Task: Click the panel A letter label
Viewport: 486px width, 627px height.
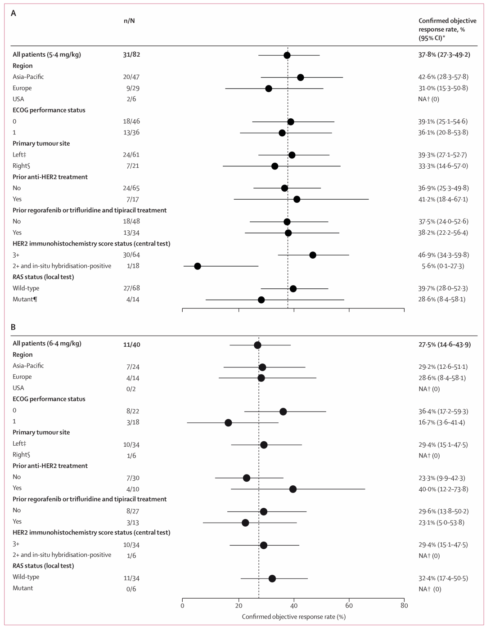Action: tap(13, 13)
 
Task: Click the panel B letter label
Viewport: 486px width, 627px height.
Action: tap(13, 327)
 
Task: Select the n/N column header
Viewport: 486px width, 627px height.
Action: tap(129, 21)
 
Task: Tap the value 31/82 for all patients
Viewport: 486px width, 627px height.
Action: tap(131, 54)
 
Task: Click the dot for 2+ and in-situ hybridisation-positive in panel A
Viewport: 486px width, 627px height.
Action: tap(198, 266)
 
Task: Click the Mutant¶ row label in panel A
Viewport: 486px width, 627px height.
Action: tap(25, 299)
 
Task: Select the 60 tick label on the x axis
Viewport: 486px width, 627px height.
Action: tap(349, 605)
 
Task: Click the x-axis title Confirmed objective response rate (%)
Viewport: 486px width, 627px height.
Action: tap(293, 616)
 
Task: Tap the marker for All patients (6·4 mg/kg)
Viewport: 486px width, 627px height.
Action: tap(257, 345)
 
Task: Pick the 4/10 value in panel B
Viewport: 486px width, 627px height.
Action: tap(133, 489)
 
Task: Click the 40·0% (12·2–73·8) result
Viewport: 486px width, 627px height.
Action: tap(443, 489)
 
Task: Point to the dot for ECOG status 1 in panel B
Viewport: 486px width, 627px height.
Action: tap(228, 423)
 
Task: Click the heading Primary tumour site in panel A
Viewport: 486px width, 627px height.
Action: tap(41, 143)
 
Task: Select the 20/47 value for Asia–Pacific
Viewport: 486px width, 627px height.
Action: tap(131, 77)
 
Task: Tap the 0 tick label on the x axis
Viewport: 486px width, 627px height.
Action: tap(182, 605)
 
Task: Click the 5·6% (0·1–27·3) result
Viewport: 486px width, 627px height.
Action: tap(443, 266)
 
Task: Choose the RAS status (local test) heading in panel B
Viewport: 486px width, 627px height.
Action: tap(43, 565)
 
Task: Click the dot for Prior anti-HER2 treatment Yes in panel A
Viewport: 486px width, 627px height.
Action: tap(297, 199)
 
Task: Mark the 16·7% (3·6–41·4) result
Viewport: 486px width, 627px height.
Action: tap(442, 422)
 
